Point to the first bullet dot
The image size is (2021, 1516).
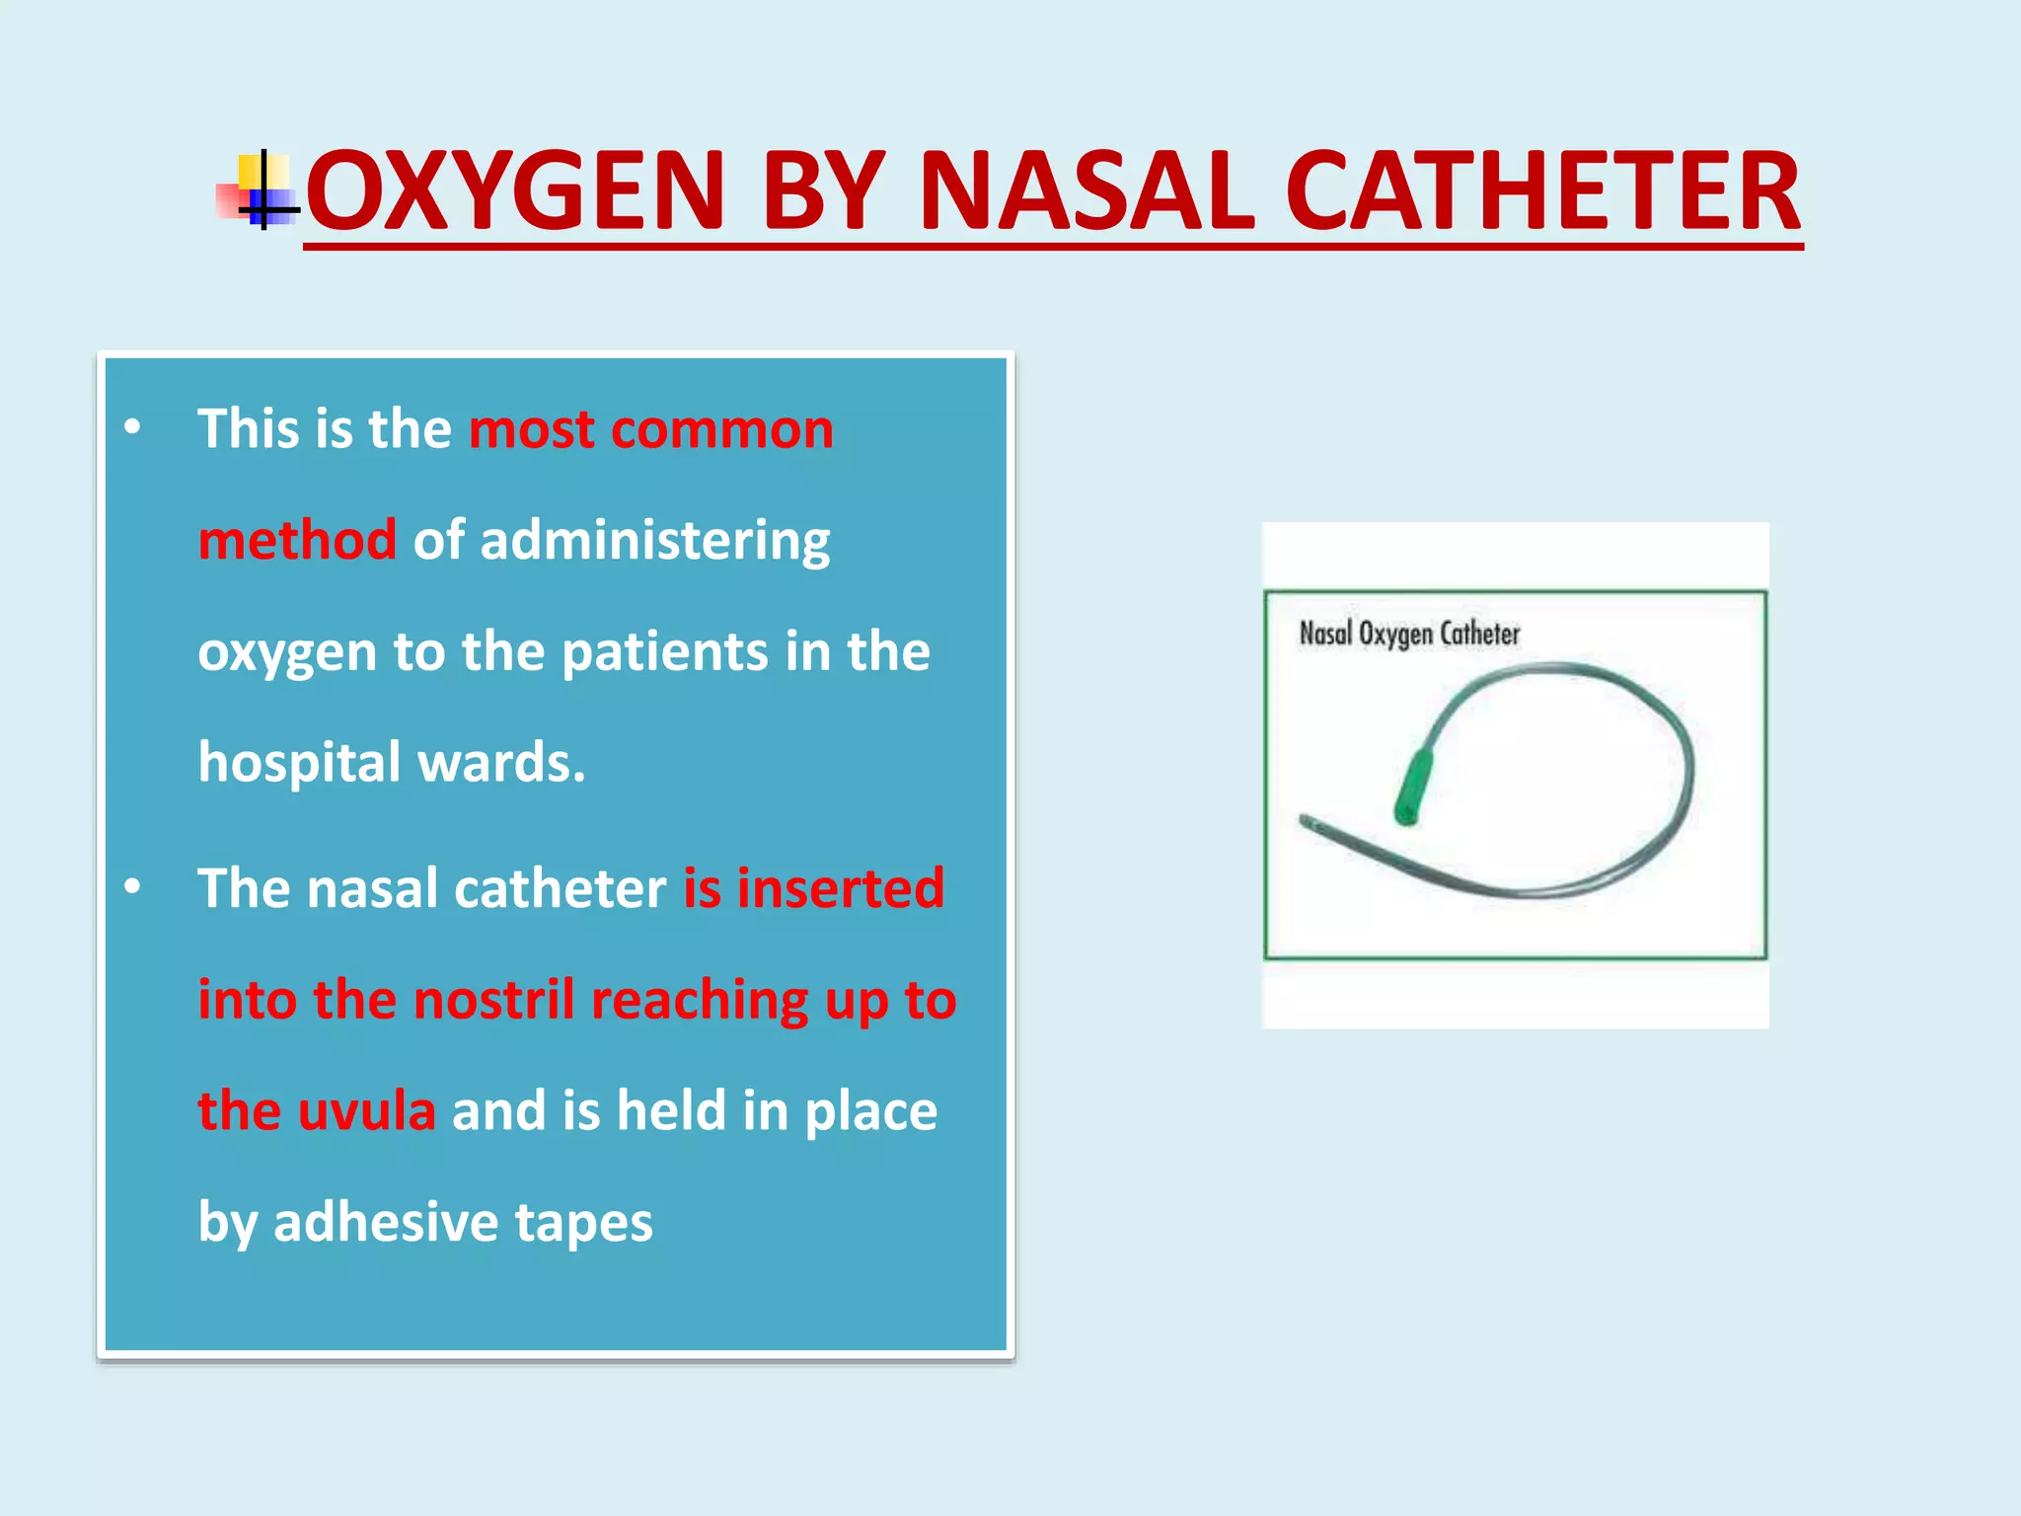point(132,428)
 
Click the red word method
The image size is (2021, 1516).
point(297,540)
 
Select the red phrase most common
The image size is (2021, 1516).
point(651,429)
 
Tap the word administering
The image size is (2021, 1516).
point(654,542)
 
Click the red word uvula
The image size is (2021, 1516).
point(366,1110)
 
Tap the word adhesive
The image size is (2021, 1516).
point(385,1222)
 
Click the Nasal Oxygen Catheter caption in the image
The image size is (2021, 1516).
point(1409,634)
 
